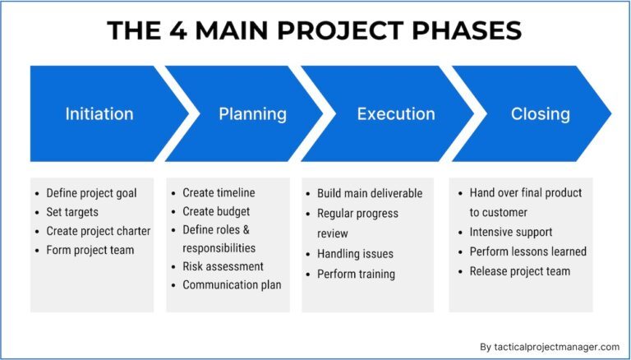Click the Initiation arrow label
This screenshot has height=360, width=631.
pyautogui.click(x=99, y=114)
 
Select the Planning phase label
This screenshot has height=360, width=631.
pyautogui.click(x=253, y=114)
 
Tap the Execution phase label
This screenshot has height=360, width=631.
pyautogui.click(x=396, y=114)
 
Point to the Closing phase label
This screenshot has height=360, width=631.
pyautogui.click(x=541, y=114)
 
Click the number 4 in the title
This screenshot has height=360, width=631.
pyautogui.click(x=177, y=30)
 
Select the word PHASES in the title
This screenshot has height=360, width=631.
pyautogui.click(x=467, y=30)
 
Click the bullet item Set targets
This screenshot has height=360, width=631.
pyautogui.click(x=72, y=212)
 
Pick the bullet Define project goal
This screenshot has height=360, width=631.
pyautogui.click(x=91, y=193)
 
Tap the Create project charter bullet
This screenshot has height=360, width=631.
pyautogui.click(x=99, y=231)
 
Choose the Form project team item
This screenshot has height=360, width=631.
pyautogui.click(x=90, y=250)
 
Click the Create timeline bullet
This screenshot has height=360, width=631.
pyautogui.click(x=219, y=193)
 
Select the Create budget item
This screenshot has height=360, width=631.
pyautogui.click(x=216, y=211)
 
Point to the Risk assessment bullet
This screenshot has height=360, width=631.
pyautogui.click(x=223, y=266)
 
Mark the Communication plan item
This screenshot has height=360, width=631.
pyautogui.click(x=232, y=285)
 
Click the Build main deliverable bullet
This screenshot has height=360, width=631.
pyautogui.click(x=370, y=193)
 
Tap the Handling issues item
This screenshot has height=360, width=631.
pyautogui.click(x=355, y=254)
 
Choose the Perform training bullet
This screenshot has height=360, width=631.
pyautogui.click(x=356, y=275)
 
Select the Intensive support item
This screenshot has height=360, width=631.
pyautogui.click(x=511, y=233)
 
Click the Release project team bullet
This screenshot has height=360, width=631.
pyautogui.click(x=520, y=271)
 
